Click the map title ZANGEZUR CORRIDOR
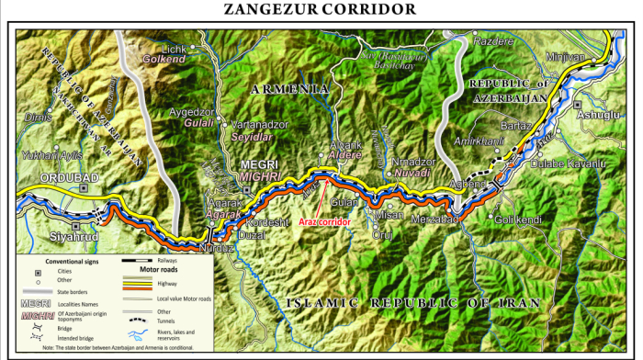point(321,10)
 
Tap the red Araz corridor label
point(321,223)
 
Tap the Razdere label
point(492,41)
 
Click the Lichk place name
point(175,48)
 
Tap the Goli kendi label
point(520,219)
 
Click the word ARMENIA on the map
point(288,89)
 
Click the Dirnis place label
point(39,142)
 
